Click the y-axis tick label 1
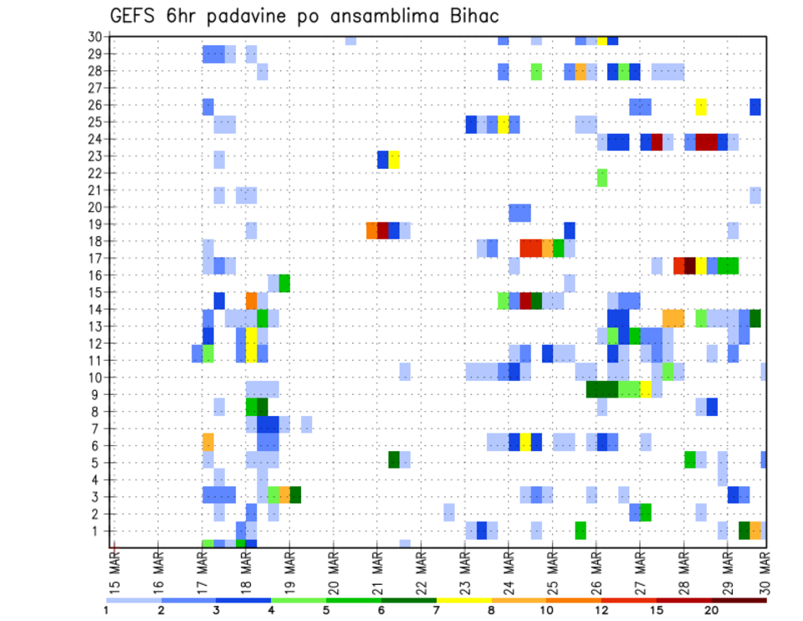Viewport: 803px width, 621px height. click(98, 531)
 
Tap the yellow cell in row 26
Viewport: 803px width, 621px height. click(701, 106)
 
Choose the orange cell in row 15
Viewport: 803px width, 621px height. click(252, 300)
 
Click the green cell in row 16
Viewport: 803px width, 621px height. click(284, 282)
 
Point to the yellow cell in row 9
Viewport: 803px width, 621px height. click(646, 389)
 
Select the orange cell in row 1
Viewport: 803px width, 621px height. click(755, 530)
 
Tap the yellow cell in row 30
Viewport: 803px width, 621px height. click(602, 39)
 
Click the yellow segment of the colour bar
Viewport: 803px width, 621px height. click(464, 600)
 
